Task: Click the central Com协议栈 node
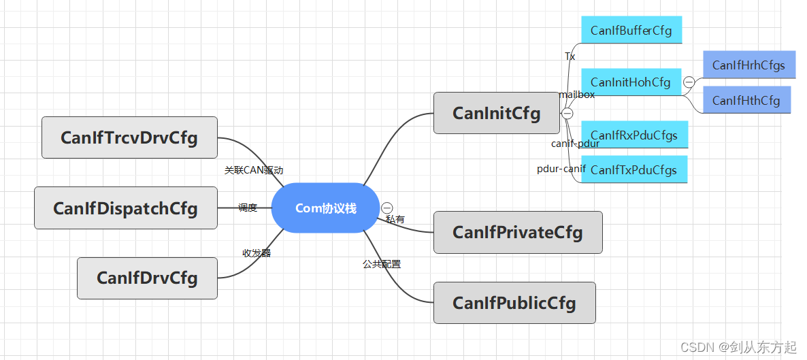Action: [x=325, y=208]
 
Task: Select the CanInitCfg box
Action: [x=496, y=113]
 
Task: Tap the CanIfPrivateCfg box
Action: [x=518, y=232]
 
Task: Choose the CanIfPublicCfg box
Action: [x=514, y=303]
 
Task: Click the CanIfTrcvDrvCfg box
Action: [x=129, y=137]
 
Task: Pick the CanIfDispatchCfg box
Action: [x=126, y=208]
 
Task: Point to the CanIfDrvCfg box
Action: [x=147, y=278]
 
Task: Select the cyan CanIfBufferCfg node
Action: [x=631, y=31]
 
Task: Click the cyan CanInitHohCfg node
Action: [x=631, y=82]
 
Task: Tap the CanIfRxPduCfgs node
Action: [x=634, y=135]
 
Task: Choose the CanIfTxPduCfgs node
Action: [x=634, y=169]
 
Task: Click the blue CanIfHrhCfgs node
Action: [x=748, y=65]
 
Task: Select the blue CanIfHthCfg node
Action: [x=746, y=100]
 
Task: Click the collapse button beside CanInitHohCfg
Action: [x=689, y=82]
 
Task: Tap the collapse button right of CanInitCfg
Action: [x=567, y=113]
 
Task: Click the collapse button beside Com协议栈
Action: [x=386, y=208]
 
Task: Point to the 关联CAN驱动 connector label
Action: [x=253, y=170]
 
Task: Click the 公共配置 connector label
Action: [x=382, y=264]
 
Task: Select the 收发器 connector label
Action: [x=257, y=253]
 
